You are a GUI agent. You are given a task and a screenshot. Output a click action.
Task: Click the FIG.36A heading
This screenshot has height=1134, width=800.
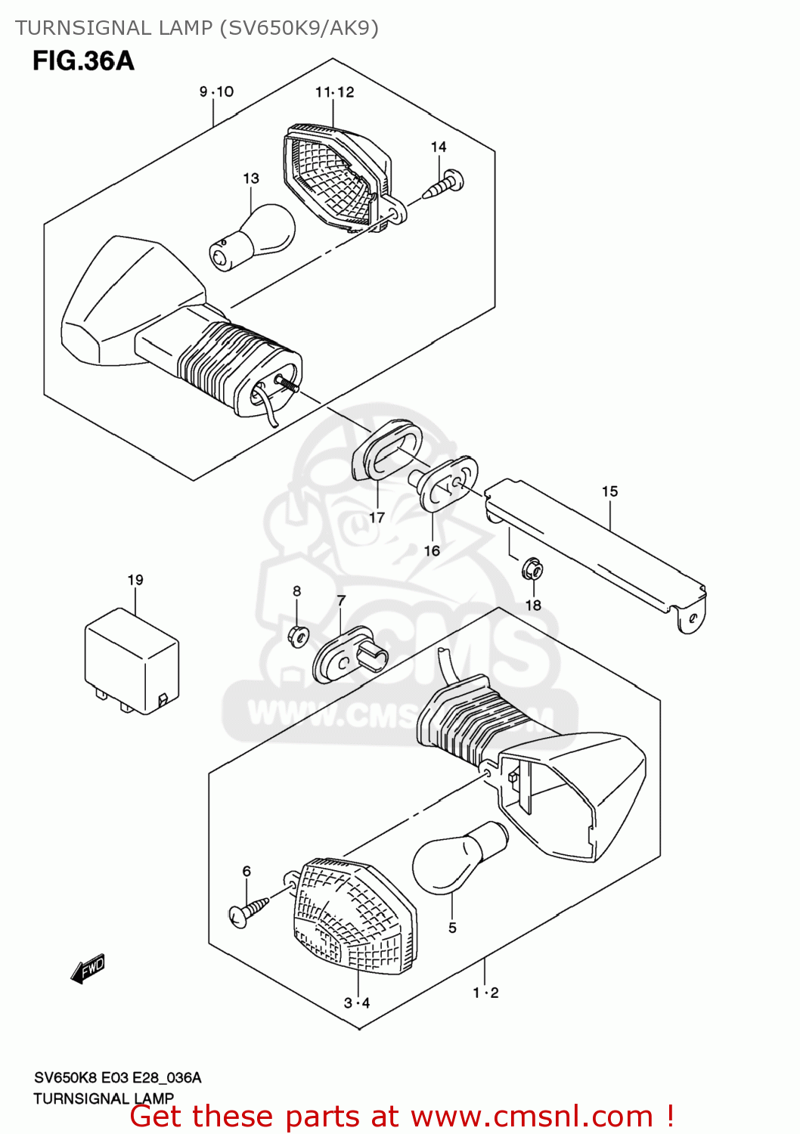tap(83, 60)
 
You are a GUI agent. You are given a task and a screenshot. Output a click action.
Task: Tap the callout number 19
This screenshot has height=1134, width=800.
tap(135, 580)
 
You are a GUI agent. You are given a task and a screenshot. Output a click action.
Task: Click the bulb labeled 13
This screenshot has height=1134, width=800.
tap(253, 237)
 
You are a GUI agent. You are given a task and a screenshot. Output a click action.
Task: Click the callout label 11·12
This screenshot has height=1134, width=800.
tap(334, 92)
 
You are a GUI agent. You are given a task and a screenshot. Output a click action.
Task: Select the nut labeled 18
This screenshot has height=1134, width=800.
tap(532, 569)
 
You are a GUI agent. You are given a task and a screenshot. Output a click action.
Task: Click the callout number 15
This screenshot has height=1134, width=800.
tap(609, 491)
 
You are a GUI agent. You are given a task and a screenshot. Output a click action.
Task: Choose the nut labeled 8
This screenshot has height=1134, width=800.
tap(297, 636)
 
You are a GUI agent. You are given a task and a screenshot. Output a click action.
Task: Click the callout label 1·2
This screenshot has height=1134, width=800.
tap(485, 993)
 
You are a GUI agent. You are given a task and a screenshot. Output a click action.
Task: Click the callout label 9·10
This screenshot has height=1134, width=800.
tap(216, 91)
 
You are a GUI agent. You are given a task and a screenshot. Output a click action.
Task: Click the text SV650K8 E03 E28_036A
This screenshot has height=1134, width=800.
tap(117, 1077)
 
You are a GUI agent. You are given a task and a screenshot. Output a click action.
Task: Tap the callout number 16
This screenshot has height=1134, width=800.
tap(432, 550)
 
